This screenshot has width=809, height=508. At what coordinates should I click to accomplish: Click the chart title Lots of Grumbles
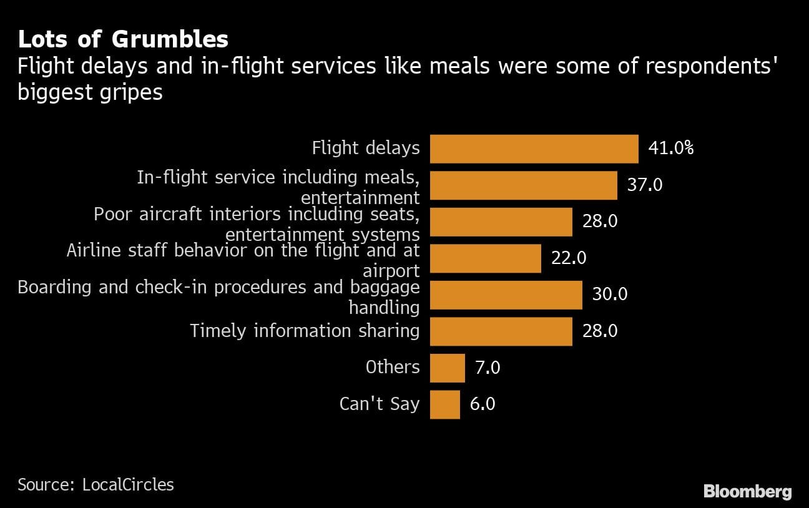click(123, 39)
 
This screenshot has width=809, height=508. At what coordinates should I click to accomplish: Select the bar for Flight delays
click(534, 149)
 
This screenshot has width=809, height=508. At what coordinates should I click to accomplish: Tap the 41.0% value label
click(671, 149)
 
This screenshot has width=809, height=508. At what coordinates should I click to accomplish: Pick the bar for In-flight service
click(524, 185)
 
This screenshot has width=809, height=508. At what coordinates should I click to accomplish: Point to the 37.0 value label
click(645, 185)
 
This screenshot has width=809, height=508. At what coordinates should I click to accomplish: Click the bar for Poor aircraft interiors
click(501, 222)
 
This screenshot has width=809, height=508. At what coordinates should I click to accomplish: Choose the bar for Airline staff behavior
click(486, 258)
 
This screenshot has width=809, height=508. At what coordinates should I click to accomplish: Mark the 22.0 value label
click(569, 258)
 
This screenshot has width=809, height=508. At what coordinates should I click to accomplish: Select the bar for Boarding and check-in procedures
click(506, 295)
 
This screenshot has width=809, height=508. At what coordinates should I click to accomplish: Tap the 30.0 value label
click(610, 295)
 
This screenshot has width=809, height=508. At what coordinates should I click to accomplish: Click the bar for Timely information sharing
click(501, 331)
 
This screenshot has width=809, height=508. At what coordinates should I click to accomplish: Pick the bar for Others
click(448, 368)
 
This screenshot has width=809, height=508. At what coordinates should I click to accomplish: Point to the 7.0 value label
click(488, 368)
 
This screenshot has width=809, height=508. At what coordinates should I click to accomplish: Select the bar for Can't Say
click(445, 404)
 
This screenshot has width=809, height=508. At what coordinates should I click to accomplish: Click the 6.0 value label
click(483, 404)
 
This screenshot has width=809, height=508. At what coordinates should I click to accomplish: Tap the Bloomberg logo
click(747, 492)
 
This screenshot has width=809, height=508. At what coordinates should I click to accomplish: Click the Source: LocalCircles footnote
click(96, 484)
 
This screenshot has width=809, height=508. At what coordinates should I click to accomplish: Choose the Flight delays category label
click(366, 149)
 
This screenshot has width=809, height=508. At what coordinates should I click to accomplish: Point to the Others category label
click(393, 367)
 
